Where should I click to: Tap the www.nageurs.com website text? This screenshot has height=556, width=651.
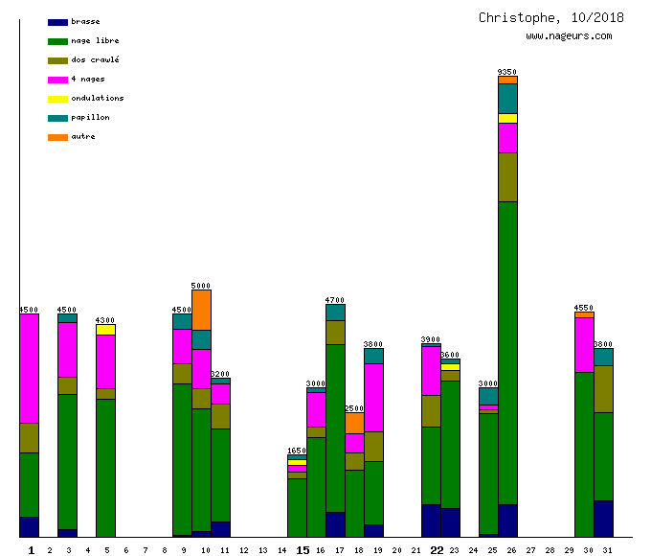(569, 36)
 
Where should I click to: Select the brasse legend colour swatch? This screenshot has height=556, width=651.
(57, 22)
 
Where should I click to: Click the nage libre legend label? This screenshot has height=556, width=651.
(95, 41)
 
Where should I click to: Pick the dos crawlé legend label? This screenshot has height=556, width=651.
(95, 60)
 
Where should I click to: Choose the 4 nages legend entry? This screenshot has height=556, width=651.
(88, 80)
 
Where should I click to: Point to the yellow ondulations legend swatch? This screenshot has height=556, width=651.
(57, 99)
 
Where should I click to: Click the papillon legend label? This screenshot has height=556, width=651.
(90, 118)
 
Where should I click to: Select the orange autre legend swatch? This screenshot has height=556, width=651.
(57, 137)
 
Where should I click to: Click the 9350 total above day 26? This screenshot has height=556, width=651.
(507, 72)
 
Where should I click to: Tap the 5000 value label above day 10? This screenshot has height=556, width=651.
(201, 286)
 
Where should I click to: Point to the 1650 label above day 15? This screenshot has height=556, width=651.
(297, 451)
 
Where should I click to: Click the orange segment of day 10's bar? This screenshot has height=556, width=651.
(201, 310)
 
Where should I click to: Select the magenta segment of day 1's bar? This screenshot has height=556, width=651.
(29, 368)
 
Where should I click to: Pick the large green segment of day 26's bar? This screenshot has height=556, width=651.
(507, 353)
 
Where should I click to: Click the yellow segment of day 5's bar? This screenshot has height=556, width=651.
(105, 330)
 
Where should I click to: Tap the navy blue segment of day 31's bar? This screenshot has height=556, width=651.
(603, 519)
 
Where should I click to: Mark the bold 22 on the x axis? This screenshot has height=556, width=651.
(437, 550)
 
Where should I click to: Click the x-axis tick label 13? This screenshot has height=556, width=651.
(263, 550)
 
